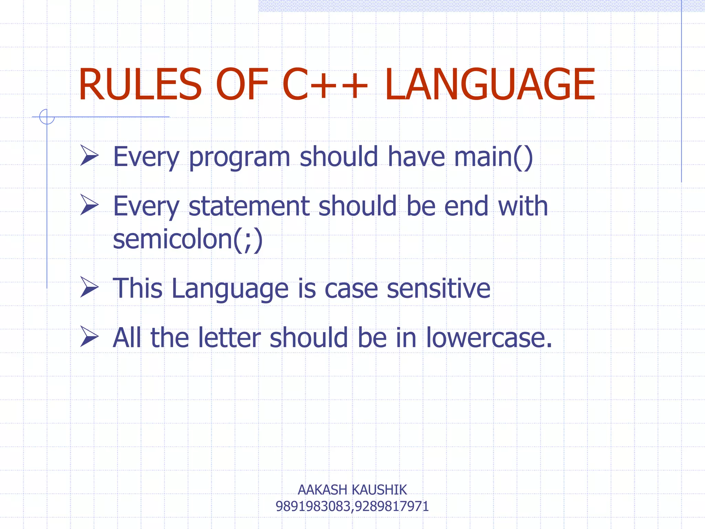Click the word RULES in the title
[x=140, y=85]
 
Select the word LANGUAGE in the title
[x=490, y=85]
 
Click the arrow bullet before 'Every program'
[x=89, y=155]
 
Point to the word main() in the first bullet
[x=493, y=157]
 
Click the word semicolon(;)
[x=188, y=239]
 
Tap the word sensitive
[x=439, y=289]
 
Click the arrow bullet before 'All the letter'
[x=89, y=336]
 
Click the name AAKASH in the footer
[x=322, y=490]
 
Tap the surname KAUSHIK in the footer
[x=380, y=490]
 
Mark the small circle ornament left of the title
[x=47, y=117]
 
